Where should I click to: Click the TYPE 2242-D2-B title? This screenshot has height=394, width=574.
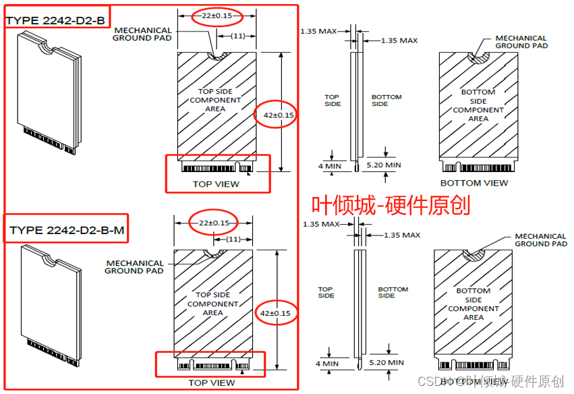pos(56,20)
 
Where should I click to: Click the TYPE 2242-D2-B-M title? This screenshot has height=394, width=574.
pos(67,231)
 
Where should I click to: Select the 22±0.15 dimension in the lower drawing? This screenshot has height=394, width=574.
pos(214,223)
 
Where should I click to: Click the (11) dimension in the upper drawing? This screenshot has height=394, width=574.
pos(237,35)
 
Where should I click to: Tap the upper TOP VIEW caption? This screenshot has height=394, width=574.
pos(216,184)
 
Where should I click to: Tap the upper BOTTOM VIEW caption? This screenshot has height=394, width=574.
pos(474,183)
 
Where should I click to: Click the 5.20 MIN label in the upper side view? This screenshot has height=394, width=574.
pos(383,165)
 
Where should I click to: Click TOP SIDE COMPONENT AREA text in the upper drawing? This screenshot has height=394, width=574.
pos(215,100)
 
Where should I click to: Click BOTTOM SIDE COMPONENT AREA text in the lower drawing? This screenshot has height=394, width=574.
pos(473,304)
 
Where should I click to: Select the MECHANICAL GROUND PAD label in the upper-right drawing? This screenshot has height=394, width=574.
pos(521,42)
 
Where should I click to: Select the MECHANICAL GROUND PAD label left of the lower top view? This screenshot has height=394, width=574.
pos(134,266)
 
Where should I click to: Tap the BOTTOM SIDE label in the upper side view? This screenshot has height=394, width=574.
pos(386,101)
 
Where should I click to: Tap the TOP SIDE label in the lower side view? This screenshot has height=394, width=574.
pos(326,293)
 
